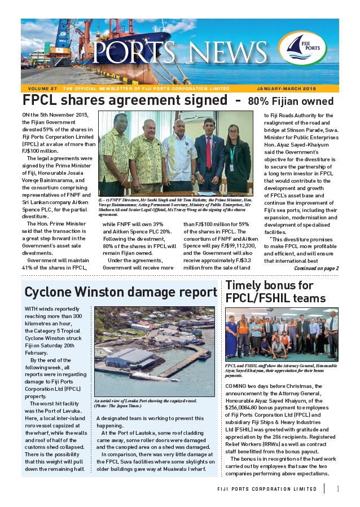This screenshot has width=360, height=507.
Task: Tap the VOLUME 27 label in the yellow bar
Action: click(x=42, y=89)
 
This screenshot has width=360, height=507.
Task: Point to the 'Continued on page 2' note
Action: click(x=317, y=268)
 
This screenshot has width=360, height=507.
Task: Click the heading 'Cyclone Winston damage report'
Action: click(x=121, y=292)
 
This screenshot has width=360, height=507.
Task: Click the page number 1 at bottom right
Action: click(x=337, y=488)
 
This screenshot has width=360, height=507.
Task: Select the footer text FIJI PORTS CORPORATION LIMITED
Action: click(x=267, y=489)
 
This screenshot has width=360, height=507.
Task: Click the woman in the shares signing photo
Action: click(x=236, y=158)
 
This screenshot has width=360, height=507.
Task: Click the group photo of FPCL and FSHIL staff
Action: click(x=281, y=334)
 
